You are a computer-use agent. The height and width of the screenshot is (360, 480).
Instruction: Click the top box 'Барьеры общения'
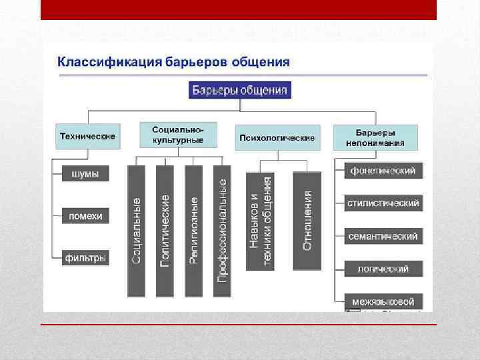pos(240,90)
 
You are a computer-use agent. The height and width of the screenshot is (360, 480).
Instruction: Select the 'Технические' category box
pos(87,136)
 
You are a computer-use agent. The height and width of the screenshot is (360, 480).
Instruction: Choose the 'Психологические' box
pos(276,137)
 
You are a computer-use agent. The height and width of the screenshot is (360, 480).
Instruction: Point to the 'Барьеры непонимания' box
pos(375,137)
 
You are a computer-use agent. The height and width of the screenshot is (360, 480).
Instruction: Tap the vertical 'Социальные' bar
pos(136,230)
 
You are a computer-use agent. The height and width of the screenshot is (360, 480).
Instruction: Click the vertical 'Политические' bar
pos(165,230)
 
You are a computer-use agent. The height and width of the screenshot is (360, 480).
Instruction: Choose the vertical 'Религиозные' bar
pos(193,230)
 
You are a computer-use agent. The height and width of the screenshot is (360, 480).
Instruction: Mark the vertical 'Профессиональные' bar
pos(222,230)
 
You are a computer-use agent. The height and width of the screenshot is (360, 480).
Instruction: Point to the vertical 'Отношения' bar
pos(307,221)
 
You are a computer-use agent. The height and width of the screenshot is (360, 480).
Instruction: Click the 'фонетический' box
pos(383,171)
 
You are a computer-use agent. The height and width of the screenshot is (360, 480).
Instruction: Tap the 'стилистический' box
pos(383,203)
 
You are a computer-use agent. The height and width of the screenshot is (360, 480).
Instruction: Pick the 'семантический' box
pos(383,236)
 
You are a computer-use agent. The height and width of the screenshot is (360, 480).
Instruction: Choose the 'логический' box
pos(383,269)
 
